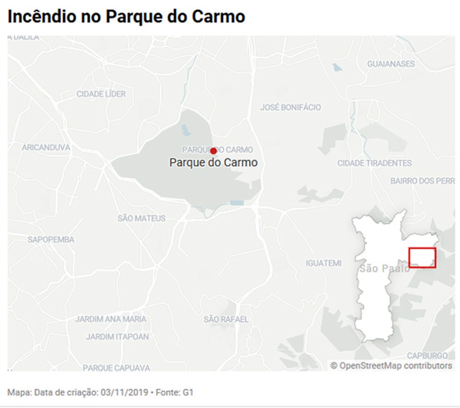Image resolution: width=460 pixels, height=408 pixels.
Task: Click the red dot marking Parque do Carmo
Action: (213, 151)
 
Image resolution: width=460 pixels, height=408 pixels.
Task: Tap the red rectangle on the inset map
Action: (422, 258)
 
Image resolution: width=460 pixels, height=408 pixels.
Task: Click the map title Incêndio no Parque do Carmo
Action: (126, 17)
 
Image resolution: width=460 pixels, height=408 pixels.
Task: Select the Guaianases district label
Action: (391, 64)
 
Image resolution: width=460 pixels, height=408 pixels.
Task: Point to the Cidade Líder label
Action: (101, 94)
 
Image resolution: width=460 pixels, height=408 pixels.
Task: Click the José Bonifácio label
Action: (290, 107)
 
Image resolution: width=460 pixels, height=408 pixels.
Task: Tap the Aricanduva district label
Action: (46, 148)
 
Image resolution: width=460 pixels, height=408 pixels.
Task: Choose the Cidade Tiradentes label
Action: (374, 163)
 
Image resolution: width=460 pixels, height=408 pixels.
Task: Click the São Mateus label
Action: (141, 218)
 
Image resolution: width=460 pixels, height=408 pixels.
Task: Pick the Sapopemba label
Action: (51, 240)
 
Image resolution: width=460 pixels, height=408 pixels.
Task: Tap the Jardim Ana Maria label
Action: (111, 319)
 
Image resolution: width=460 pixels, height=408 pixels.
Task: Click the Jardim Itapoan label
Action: (117, 336)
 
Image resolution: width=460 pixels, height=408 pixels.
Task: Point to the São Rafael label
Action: (226, 320)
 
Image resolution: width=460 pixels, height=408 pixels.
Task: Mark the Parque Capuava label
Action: (116, 368)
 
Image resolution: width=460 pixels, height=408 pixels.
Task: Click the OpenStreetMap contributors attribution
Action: (391, 365)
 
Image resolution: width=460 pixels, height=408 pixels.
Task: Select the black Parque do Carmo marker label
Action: (213, 163)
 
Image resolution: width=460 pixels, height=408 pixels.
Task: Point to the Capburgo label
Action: (427, 356)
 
